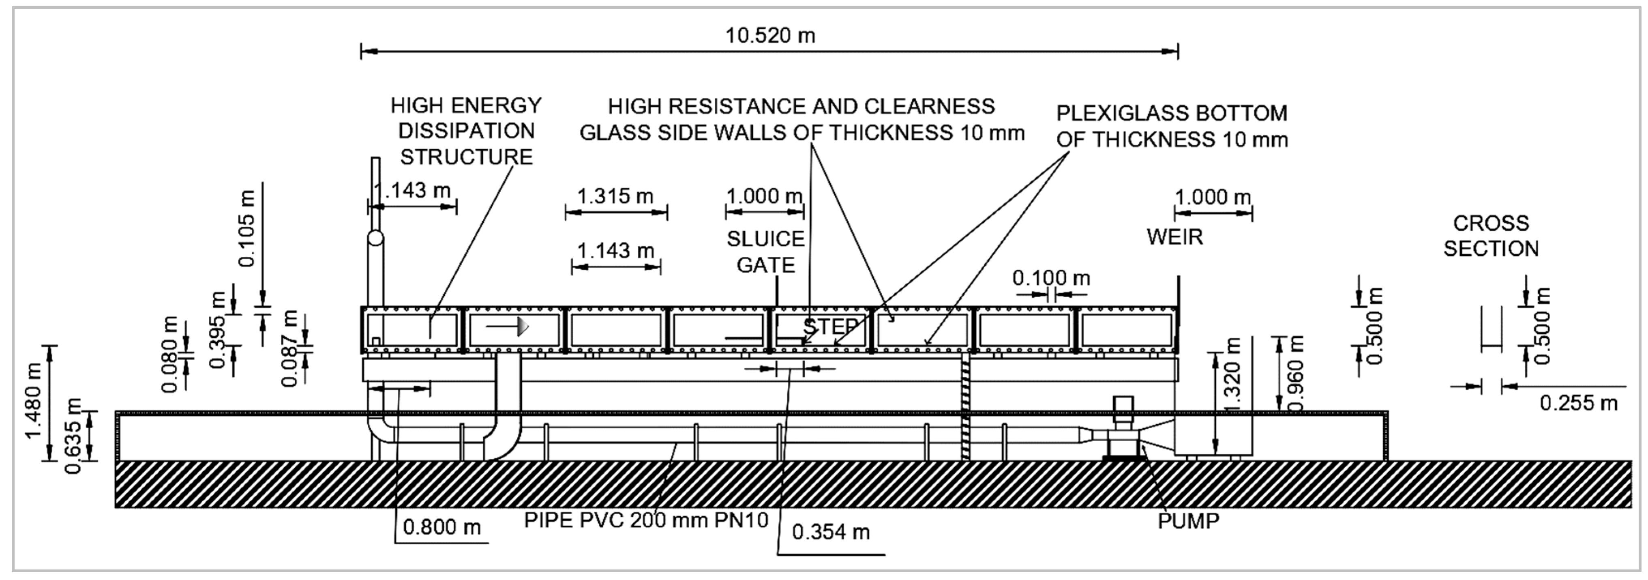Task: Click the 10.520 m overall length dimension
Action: coord(769,36)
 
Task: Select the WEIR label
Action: coord(1174,237)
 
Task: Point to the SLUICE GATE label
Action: coord(765,251)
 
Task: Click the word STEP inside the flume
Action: coord(830,327)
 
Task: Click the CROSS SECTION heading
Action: coord(1491,236)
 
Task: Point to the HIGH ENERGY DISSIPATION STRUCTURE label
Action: coord(466,131)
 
